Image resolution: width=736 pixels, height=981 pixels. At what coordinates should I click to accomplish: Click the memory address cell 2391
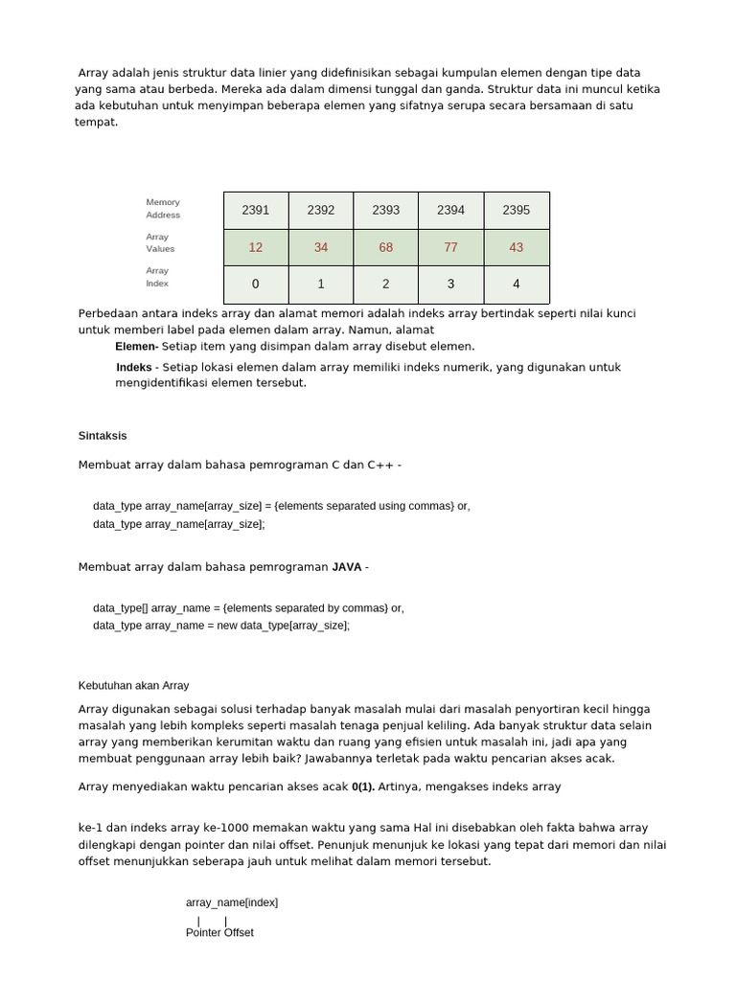coord(256,210)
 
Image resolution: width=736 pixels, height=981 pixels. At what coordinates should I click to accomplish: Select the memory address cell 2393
coord(386,210)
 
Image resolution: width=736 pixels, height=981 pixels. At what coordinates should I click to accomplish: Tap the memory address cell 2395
coord(517,210)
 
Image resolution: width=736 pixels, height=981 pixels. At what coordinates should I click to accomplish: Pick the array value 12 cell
coord(256,247)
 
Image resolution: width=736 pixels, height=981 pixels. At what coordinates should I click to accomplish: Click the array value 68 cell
coord(386,247)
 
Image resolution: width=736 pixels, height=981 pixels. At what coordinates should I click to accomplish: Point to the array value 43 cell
coord(517,247)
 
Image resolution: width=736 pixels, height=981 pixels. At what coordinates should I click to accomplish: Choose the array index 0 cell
coord(256,284)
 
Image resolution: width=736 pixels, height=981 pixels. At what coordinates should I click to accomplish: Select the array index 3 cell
coord(451,284)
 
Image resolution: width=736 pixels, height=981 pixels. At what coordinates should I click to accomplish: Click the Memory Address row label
coord(163,208)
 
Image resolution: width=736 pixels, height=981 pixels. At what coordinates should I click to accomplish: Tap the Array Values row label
coord(160,242)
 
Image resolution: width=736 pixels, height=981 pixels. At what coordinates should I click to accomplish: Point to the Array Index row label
coord(157,277)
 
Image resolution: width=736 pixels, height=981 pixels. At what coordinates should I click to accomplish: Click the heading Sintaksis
coord(103,435)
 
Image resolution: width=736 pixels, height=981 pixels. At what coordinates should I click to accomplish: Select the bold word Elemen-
coord(137,346)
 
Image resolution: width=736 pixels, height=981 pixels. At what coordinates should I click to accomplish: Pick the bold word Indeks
coord(134,367)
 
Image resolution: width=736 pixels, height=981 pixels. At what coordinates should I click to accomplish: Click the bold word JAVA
coord(347,566)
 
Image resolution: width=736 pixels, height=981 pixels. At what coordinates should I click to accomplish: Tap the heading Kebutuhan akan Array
coord(133,685)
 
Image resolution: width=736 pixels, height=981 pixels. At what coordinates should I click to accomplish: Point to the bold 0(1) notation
coord(363,787)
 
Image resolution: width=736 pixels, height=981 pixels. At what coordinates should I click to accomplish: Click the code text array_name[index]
coord(232,902)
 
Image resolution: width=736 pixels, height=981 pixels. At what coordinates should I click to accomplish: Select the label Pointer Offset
coord(219,932)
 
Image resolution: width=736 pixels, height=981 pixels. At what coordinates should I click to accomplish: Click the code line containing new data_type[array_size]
coord(221,626)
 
